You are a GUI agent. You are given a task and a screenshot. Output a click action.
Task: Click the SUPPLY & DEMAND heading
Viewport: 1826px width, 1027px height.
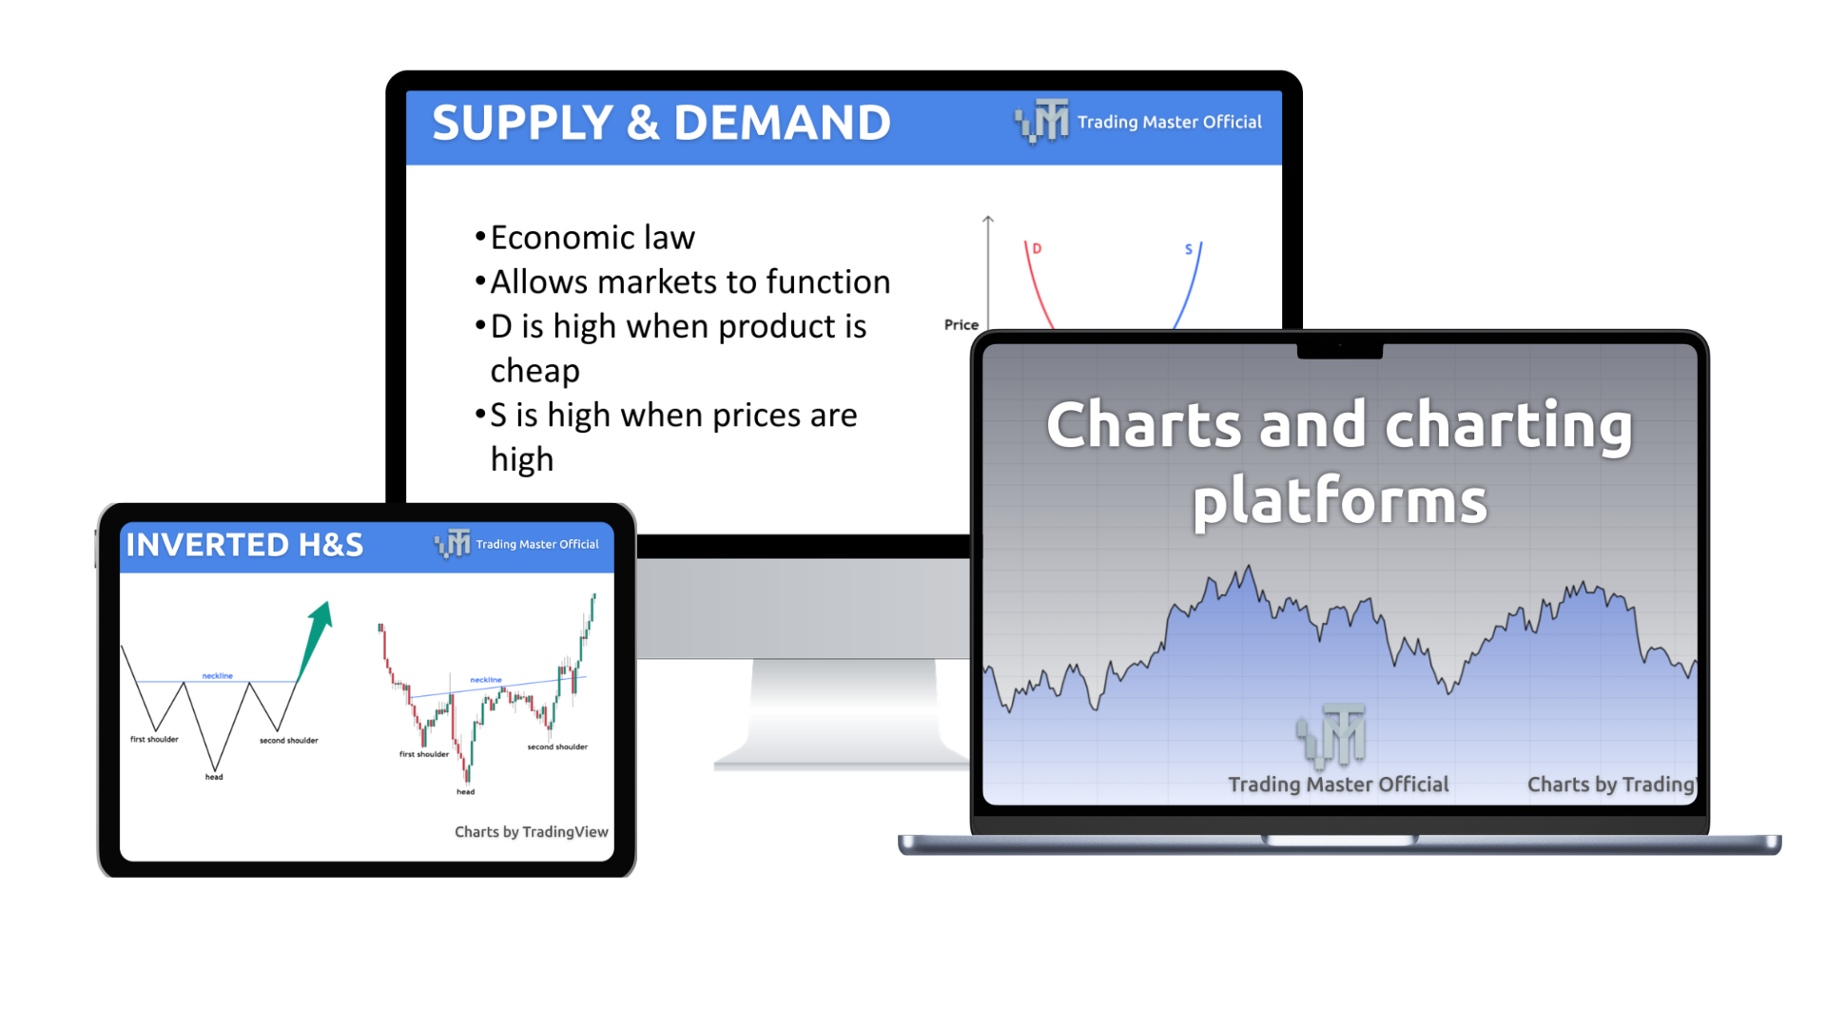tap(661, 123)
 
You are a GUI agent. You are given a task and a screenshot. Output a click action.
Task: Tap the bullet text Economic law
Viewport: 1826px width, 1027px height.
tap(592, 238)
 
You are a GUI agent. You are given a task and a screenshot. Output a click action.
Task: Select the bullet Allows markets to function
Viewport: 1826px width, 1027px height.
tap(690, 281)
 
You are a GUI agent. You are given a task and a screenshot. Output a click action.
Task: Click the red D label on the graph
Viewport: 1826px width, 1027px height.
tap(1037, 248)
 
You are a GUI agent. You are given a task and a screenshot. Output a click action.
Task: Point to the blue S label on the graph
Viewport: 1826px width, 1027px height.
tap(1188, 249)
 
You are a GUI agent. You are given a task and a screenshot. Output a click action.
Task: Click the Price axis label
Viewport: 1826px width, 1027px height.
tap(961, 324)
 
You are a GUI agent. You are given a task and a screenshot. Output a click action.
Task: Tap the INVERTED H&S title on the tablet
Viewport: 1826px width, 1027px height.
tap(244, 545)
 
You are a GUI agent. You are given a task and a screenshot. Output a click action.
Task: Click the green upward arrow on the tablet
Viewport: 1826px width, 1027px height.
tap(315, 641)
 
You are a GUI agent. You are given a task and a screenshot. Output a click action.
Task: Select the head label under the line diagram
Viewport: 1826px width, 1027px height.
tap(214, 777)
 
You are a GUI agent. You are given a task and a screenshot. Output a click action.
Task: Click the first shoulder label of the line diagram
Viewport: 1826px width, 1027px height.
tap(154, 739)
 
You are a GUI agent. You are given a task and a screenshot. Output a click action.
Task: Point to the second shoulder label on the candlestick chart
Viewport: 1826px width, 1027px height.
tap(557, 746)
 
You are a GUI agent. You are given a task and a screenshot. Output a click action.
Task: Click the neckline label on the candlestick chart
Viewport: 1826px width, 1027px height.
tap(486, 680)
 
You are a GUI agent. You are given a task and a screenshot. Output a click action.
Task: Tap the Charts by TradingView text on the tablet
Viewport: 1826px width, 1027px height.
tap(531, 832)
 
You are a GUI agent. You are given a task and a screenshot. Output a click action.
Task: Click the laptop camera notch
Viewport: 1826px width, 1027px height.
tap(1340, 351)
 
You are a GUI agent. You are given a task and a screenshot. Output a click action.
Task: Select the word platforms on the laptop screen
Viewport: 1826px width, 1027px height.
tap(1340, 502)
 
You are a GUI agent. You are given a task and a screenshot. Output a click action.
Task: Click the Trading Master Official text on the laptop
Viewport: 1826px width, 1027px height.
tap(1338, 785)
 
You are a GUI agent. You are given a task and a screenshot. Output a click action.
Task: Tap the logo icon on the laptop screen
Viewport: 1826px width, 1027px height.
tap(1331, 734)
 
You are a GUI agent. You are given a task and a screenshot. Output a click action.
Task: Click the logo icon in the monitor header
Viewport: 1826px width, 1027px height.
tap(1041, 122)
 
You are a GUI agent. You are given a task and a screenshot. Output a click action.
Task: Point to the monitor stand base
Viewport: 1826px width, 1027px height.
tap(842, 758)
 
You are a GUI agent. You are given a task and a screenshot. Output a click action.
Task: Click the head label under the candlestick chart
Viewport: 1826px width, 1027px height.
tap(465, 791)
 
